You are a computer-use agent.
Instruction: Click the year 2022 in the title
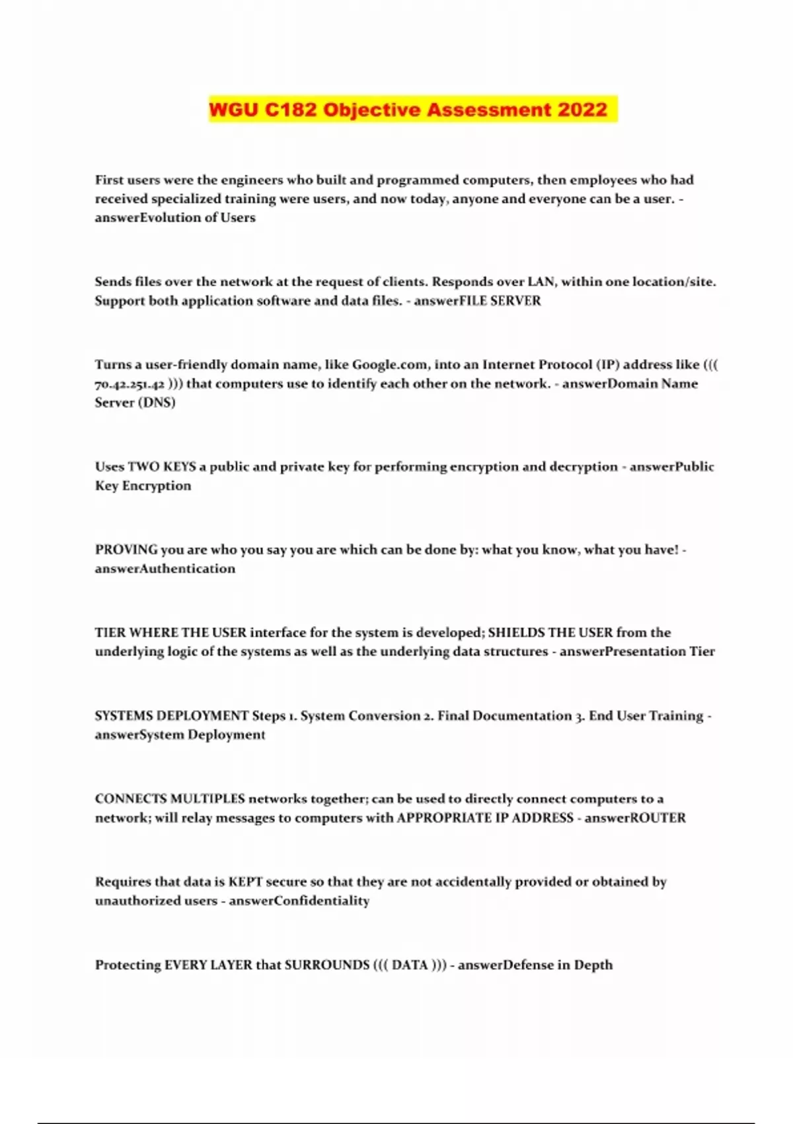pyautogui.click(x=582, y=109)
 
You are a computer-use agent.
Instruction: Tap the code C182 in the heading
pyautogui.click(x=291, y=109)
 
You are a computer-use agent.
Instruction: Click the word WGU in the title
pyautogui.click(x=234, y=109)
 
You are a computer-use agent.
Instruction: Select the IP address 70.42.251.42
pyautogui.click(x=130, y=384)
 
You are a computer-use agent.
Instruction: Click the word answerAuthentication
pyautogui.click(x=165, y=569)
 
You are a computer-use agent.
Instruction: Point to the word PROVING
pyautogui.click(x=126, y=549)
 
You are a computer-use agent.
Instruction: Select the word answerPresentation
pyautogui.click(x=622, y=652)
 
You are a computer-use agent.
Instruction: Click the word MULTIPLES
pyautogui.click(x=208, y=799)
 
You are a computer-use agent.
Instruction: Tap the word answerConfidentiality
pyautogui.click(x=299, y=901)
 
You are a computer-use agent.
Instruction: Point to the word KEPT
pyautogui.click(x=245, y=882)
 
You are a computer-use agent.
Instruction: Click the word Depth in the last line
pyautogui.click(x=593, y=965)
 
